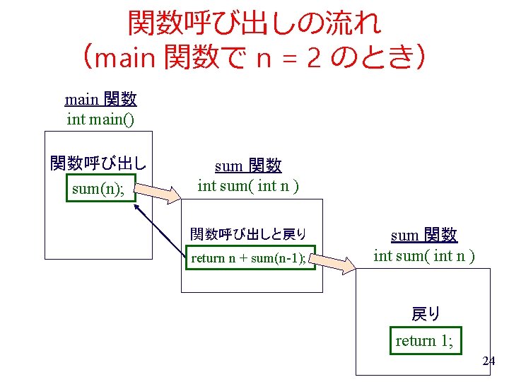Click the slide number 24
click(488, 361)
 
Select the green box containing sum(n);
click(100, 188)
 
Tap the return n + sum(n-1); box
click(248, 257)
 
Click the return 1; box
click(424, 340)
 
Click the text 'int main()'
click(100, 118)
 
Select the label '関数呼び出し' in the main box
click(98, 164)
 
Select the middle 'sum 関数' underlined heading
click(247, 166)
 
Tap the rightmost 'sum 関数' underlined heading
click(423, 236)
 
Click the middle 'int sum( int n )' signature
click(248, 186)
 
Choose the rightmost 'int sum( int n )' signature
click(423, 255)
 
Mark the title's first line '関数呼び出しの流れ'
click(255, 23)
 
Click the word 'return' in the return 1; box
click(416, 340)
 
